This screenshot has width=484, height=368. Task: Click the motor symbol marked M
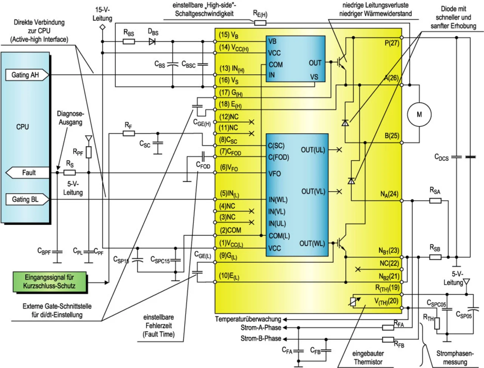pos(419,114)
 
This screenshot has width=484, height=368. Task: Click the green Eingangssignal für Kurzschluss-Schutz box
pos(50,282)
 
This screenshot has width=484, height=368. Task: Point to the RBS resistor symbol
pos(129,41)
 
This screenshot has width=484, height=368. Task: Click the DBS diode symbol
pos(152,41)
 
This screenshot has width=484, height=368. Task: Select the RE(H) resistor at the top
pos(260,23)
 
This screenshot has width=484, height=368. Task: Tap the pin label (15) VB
pos(229,35)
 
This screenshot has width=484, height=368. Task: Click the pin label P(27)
pos(392,43)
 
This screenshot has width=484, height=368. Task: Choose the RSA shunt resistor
pos(435,200)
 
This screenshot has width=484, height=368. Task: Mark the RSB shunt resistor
pos(435,257)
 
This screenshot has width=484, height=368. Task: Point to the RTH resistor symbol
pos(437,323)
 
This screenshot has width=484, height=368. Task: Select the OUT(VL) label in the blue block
pos(313,192)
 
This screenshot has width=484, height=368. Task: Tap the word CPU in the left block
pos(23,127)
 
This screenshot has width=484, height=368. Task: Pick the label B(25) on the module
pos(392,136)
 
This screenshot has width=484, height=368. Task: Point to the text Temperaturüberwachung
pos(248,319)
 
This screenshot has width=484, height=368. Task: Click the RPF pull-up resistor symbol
pos(88,152)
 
